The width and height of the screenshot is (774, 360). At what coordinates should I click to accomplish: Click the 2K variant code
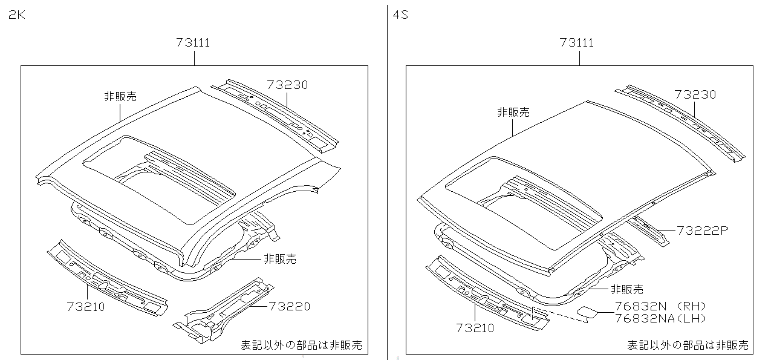[16, 15]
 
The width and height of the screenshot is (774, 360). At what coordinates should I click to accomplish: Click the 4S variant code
[401, 15]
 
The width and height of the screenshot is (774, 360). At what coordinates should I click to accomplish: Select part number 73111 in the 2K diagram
[193, 42]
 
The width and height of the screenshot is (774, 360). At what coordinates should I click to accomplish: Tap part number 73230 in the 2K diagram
[287, 85]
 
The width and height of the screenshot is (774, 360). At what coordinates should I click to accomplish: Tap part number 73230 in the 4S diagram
[695, 94]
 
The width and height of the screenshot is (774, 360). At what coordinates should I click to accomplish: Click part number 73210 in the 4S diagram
[475, 328]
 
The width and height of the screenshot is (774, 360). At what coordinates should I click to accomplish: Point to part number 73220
[289, 306]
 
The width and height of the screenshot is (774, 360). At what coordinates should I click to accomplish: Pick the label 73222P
[703, 231]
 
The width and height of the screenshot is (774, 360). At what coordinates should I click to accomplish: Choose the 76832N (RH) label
[660, 307]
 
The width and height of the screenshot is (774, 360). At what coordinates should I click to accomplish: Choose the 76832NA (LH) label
[660, 318]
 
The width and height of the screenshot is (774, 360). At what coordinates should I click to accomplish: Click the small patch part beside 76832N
[586, 312]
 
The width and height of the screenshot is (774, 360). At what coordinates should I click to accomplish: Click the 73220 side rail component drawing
[224, 309]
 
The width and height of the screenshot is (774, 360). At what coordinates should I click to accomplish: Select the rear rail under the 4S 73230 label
[680, 121]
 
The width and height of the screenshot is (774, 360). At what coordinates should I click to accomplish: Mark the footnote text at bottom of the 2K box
[301, 345]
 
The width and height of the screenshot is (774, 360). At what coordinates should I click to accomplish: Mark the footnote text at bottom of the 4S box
[688, 345]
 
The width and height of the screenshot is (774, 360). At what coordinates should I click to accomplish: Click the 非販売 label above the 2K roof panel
[120, 96]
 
